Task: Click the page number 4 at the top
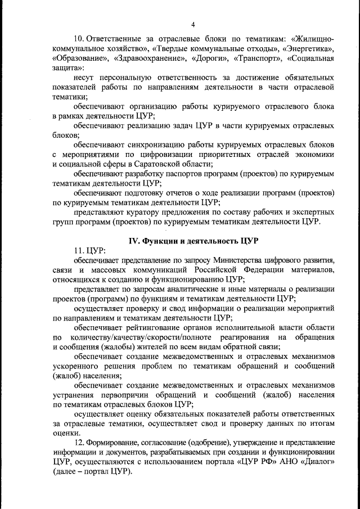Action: (x=193, y=24)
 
